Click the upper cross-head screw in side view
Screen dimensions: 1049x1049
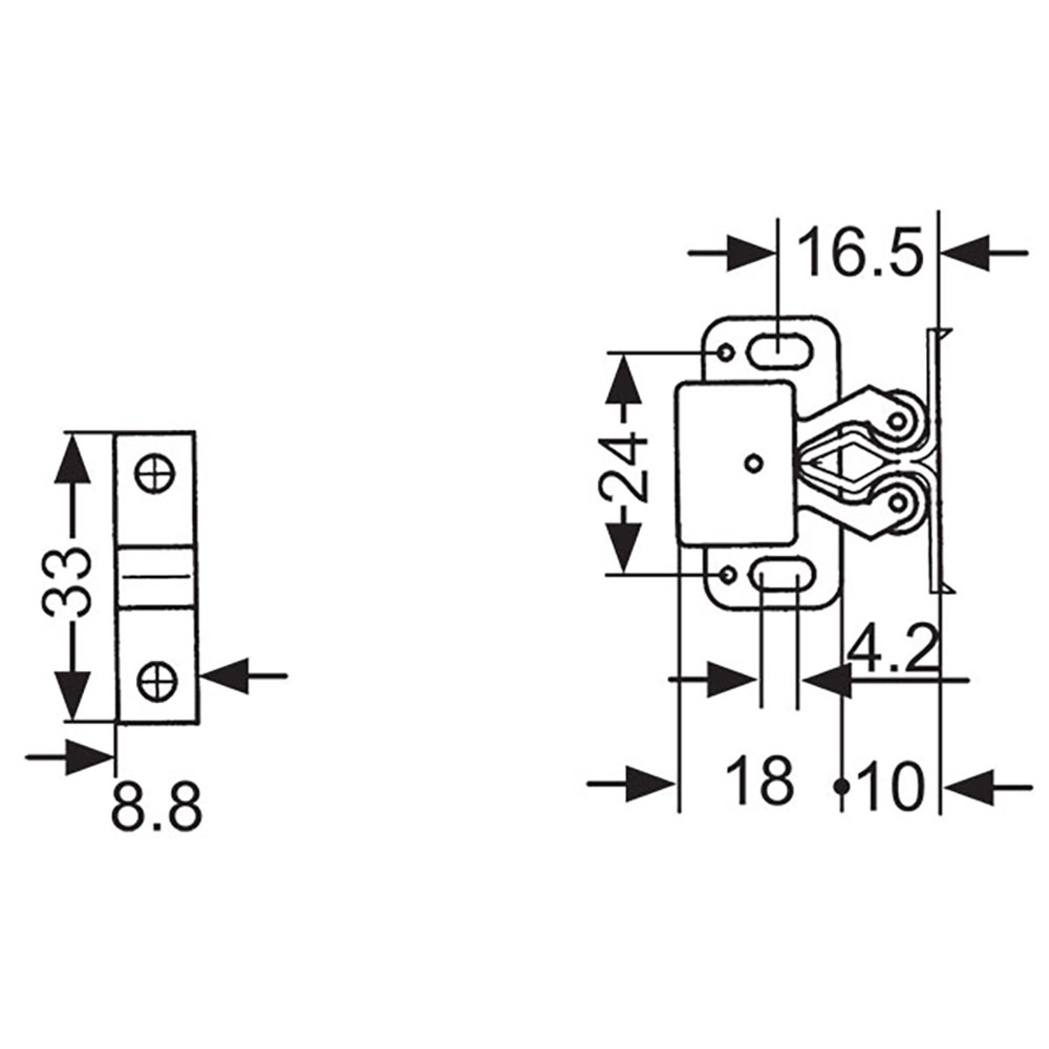[155, 473]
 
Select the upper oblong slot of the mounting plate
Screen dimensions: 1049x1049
[780, 352]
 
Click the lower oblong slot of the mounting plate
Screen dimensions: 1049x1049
[781, 574]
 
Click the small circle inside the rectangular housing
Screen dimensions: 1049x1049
[753, 463]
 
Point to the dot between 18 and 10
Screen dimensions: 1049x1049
[842, 785]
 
